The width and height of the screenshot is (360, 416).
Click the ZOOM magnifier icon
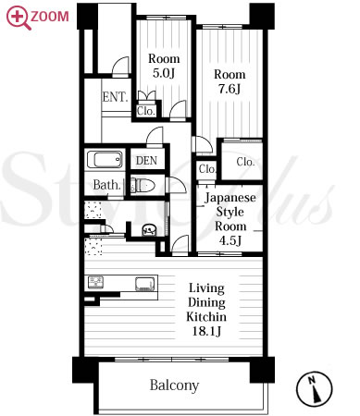point(19,18)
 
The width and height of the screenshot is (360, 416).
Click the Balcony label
point(174,385)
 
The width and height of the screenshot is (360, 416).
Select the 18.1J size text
point(206,331)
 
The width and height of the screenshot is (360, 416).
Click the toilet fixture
point(143,186)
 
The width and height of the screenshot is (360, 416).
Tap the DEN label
point(146,161)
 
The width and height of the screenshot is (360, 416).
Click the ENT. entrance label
point(115,97)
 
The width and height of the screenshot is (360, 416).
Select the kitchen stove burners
point(96,283)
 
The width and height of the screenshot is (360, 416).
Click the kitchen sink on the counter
point(145,284)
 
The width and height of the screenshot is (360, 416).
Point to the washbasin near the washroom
point(149,230)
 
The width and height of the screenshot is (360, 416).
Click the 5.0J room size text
point(164,73)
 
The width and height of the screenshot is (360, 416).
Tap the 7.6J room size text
point(230,89)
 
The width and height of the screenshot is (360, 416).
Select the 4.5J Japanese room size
point(230,240)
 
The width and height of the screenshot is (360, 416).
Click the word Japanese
point(230,198)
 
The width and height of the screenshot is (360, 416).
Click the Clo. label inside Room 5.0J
point(145,111)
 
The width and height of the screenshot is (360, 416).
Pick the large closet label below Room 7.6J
point(245,162)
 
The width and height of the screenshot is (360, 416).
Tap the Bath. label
point(106,185)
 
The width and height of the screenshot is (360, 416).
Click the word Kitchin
point(206,317)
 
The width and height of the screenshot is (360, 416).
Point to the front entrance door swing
point(119,66)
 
